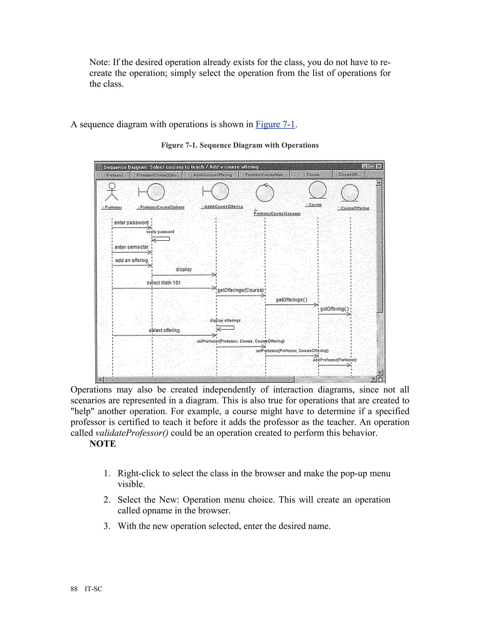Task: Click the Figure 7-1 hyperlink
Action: (275, 124)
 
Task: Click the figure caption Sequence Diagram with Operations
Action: (240, 145)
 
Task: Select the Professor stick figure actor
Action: (112, 192)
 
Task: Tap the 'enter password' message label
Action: (131, 223)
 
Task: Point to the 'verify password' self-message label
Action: (160, 232)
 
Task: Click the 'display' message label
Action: (184, 269)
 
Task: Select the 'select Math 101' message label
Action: (164, 283)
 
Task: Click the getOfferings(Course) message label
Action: (240, 290)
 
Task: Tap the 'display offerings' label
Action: (225, 320)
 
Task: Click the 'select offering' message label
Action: (164, 330)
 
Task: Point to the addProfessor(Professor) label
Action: (335, 360)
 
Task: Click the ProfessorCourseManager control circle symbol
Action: (265, 193)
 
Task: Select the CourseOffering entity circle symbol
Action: (350, 193)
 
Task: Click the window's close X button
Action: (379, 167)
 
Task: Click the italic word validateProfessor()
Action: (132, 433)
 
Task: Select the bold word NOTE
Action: (103, 444)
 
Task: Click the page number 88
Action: (74, 589)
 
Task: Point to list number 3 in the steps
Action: (107, 526)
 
